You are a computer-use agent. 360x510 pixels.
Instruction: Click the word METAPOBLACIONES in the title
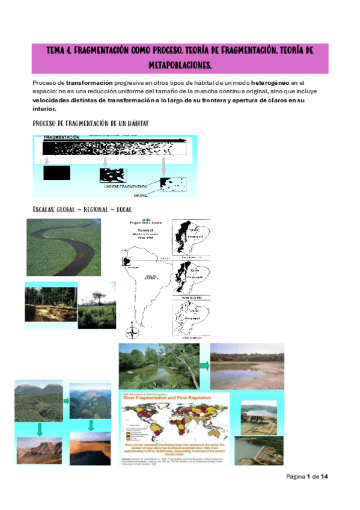pyautogui.click(x=180, y=64)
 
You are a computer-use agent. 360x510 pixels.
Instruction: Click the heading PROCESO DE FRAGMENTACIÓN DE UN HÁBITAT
pyautogui.click(x=90, y=123)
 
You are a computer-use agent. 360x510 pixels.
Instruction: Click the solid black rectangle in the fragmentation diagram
pyautogui.click(x=56, y=173)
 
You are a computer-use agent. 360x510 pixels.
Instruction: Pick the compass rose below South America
pyautogui.click(x=132, y=331)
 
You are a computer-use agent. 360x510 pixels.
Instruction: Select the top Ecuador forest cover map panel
pyautogui.click(x=191, y=238)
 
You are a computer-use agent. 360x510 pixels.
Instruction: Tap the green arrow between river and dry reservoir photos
pyautogui.click(x=204, y=365)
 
